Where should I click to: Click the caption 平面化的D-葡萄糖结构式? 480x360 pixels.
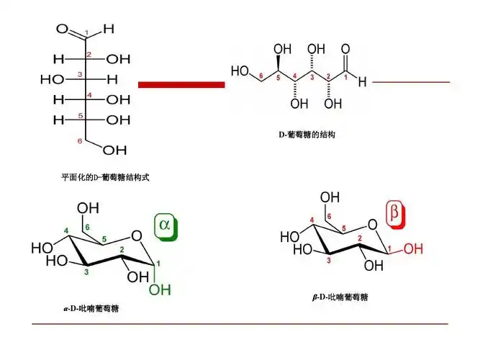(x=105, y=176)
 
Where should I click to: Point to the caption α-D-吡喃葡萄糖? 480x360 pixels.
(x=91, y=309)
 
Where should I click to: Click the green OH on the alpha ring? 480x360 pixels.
(x=159, y=290)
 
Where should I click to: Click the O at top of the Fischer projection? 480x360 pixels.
(x=63, y=30)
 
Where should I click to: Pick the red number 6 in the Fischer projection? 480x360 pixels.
(x=79, y=140)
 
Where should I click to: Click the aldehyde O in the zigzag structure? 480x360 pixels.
(x=346, y=50)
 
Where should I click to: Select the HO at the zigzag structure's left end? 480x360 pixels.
(x=240, y=71)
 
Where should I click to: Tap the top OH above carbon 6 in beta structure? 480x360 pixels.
(x=329, y=197)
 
